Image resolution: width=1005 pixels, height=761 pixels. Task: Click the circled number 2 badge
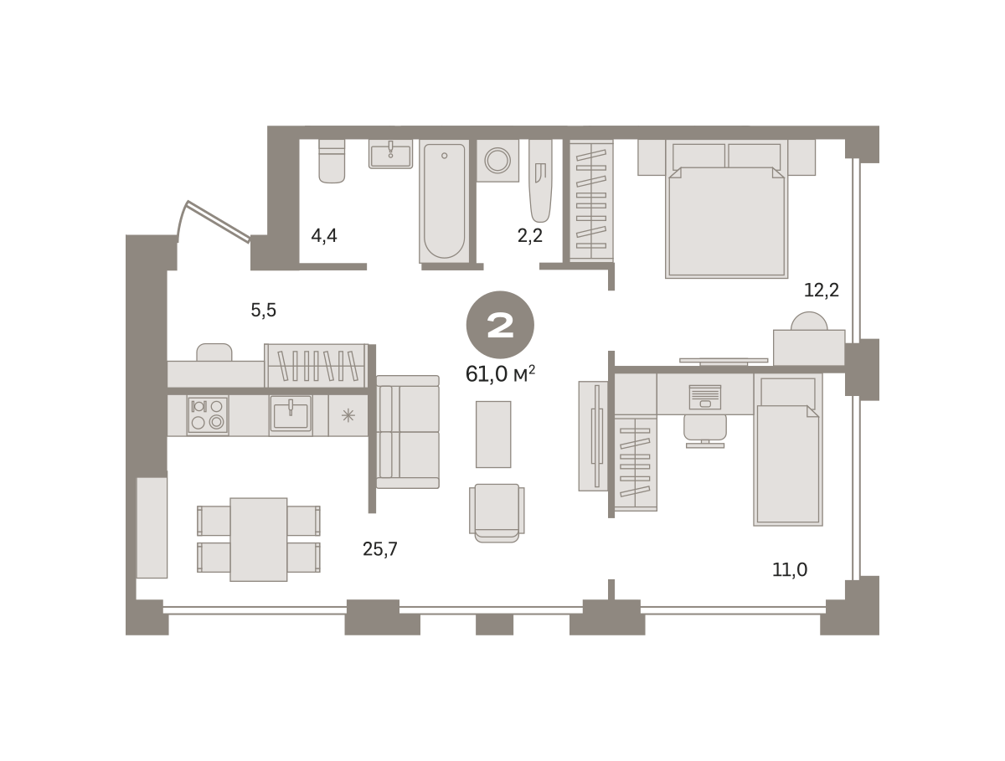click(x=500, y=325)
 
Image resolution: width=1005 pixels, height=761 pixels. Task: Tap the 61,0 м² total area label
click(x=500, y=374)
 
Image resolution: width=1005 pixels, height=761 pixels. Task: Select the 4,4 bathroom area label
click(x=324, y=236)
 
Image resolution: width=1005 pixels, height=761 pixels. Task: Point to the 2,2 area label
click(x=530, y=236)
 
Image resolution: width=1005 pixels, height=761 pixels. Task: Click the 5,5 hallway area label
click(x=263, y=311)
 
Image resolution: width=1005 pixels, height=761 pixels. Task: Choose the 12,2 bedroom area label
click(x=822, y=291)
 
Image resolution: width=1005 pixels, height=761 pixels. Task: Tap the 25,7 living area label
click(x=380, y=549)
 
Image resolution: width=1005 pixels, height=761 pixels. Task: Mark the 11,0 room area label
click(x=790, y=570)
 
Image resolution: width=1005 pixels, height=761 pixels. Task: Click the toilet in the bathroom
click(x=332, y=161)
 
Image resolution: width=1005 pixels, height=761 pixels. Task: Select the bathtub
click(x=444, y=202)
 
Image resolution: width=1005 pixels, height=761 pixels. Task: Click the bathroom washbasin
click(x=390, y=154)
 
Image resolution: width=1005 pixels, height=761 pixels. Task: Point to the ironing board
click(x=540, y=181)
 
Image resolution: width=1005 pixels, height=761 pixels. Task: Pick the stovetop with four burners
click(x=208, y=415)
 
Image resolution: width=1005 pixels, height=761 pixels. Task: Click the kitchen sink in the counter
click(x=291, y=414)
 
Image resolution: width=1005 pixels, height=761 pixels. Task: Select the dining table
click(x=259, y=539)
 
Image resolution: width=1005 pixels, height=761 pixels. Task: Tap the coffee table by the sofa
click(x=493, y=434)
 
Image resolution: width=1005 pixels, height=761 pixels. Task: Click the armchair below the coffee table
click(x=497, y=513)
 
